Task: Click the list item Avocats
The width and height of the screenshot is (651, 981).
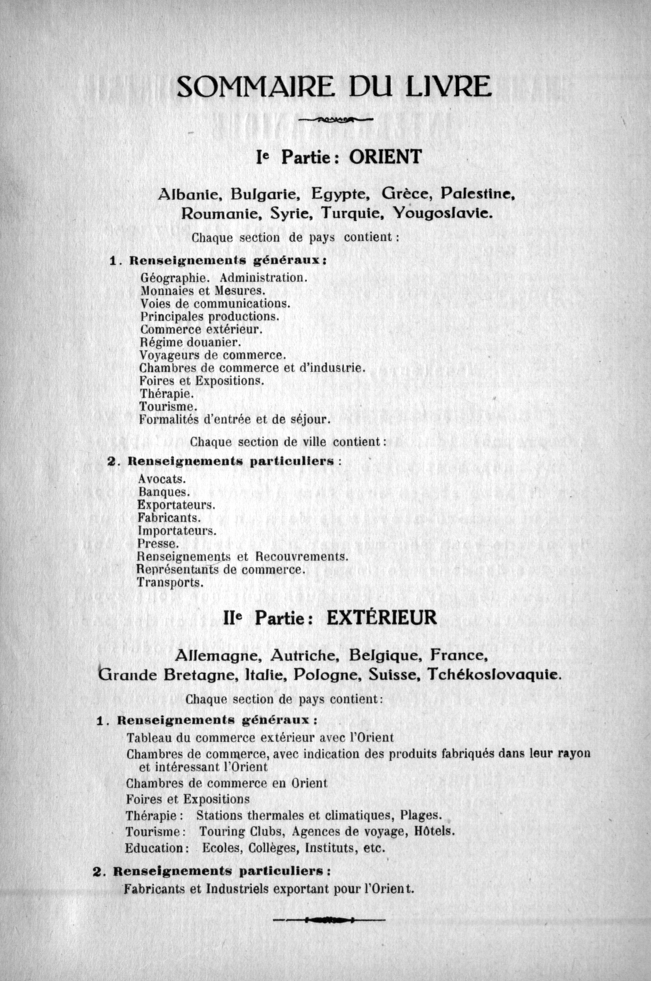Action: tap(162, 479)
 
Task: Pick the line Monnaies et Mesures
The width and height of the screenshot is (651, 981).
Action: tap(203, 291)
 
